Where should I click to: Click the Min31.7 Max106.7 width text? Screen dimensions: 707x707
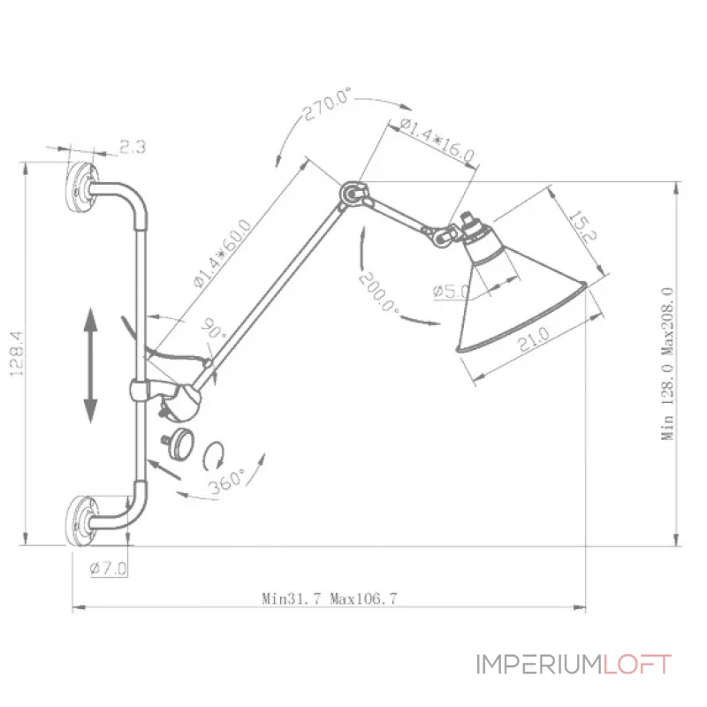(330, 598)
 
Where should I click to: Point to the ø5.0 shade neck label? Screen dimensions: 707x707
(452, 289)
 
